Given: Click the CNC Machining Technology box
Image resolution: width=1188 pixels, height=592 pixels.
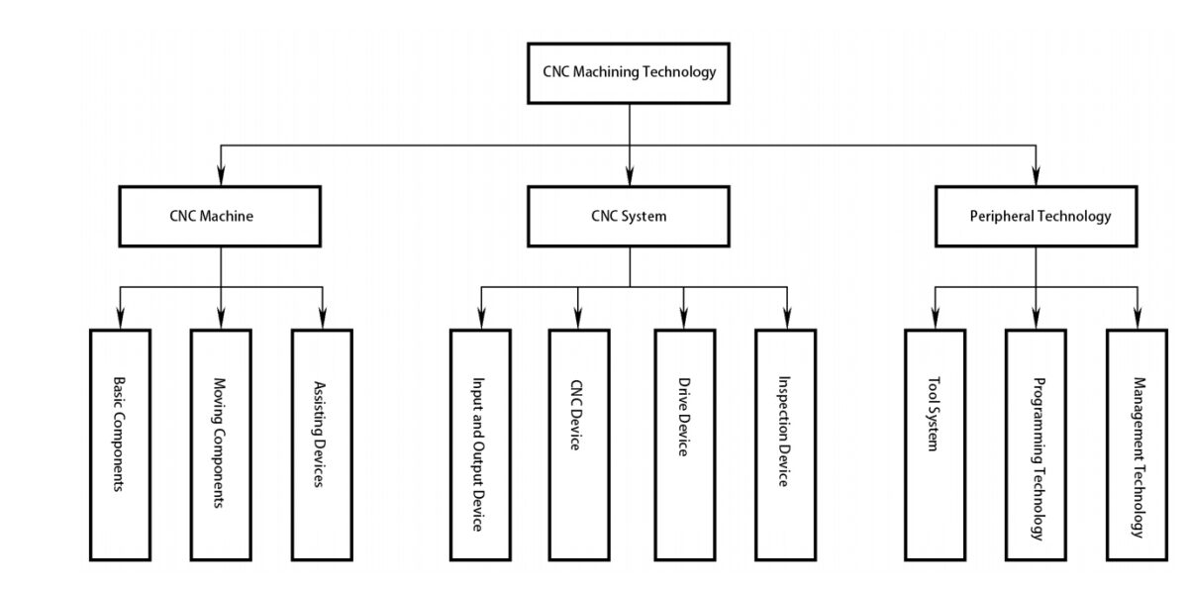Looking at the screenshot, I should [629, 72].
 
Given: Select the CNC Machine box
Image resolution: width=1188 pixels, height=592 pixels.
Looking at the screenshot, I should [221, 216].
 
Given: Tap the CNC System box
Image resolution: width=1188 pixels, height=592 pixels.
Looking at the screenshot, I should [629, 216].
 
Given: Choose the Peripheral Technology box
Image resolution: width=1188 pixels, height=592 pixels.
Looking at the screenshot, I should [1037, 216].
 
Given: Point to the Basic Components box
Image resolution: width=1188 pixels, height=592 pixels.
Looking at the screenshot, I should [119, 444].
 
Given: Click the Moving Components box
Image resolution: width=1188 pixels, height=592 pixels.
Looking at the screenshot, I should [220, 444].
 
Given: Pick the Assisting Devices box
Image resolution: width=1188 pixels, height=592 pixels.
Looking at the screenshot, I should [322, 444].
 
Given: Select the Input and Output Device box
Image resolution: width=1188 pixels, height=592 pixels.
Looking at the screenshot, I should [480, 444].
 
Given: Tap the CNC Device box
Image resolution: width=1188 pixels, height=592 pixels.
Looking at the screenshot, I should [579, 444].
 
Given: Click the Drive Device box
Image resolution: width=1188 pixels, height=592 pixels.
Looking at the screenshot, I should [684, 444].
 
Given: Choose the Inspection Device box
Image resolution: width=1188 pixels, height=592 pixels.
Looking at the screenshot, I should [785, 444].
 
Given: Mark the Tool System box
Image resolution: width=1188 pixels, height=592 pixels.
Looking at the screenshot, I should [935, 444].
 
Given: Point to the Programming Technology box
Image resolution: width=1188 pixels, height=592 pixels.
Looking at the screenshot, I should [1037, 444].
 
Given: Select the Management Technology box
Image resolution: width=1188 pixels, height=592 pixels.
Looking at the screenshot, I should [1138, 444].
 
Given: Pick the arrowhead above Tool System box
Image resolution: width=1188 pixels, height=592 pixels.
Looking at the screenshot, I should [935, 319].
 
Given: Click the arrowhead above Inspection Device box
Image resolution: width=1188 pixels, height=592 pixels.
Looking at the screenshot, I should [786, 319].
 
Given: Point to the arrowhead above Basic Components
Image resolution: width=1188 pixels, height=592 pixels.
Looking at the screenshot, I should [119, 319].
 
